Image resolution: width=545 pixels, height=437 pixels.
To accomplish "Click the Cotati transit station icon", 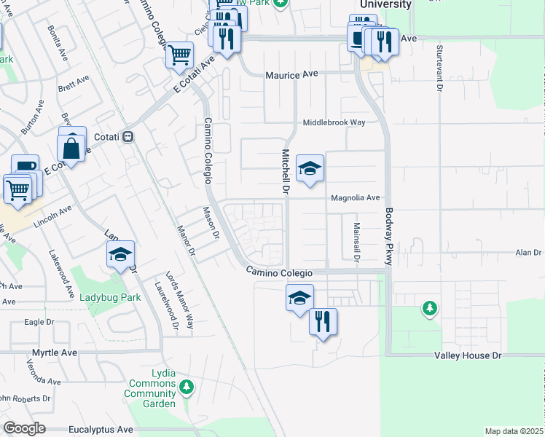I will tap(128, 136).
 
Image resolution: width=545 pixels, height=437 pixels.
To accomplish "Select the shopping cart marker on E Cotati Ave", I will tap(179, 55).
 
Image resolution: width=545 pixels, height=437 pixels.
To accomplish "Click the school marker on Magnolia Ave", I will tap(310, 170).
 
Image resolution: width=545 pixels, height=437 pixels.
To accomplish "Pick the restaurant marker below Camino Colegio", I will tap(323, 321).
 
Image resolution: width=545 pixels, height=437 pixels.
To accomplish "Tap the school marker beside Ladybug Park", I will tap(121, 254).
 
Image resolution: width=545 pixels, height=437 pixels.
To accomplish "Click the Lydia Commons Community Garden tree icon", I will tap(187, 386).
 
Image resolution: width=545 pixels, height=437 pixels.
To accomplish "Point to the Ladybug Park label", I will tap(109, 297).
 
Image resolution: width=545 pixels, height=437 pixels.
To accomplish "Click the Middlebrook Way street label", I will tap(334, 122).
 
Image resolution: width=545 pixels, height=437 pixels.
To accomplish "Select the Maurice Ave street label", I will tap(292, 74).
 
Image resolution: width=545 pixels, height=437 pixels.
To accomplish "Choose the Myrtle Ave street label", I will tap(54, 353).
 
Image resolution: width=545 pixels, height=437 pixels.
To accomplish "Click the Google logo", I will tap(24, 428).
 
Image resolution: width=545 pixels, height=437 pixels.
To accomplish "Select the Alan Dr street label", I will tap(528, 253).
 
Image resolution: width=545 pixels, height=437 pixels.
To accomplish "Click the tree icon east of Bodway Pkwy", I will tap(430, 310).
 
